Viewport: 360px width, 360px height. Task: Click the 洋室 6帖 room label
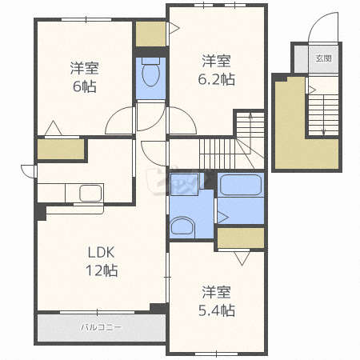pos(85,77)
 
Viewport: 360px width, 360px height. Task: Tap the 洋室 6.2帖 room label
pos(216,70)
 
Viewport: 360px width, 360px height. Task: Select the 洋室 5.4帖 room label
pos(217,301)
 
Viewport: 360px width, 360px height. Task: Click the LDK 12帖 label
pos(102,262)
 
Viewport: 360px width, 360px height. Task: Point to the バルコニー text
pos(102,327)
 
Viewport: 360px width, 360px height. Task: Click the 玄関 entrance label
pos(324,58)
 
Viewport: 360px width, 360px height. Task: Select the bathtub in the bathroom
pos(241,185)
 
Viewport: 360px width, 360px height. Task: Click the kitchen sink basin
pos(90,193)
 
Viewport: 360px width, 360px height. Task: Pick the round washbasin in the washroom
pos(182,226)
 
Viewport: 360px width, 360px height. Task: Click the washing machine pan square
pos(184,184)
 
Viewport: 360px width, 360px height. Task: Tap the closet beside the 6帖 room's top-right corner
pos(151,34)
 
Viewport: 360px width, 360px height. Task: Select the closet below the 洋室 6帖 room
pos(61,150)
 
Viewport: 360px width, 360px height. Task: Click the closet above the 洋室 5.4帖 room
pos(241,238)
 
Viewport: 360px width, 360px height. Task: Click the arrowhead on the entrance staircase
pos(324,132)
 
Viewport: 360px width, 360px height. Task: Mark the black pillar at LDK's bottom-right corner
pos(158,308)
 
